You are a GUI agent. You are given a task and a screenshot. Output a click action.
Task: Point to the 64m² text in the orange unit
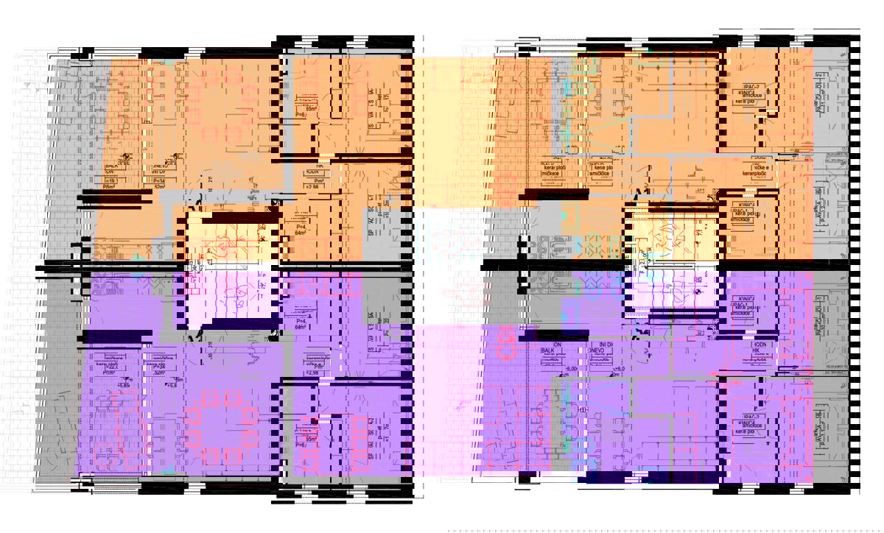click(300, 233)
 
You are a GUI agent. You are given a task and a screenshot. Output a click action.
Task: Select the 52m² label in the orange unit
click(158, 187)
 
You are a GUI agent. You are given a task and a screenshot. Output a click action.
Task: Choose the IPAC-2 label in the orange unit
click(752, 87)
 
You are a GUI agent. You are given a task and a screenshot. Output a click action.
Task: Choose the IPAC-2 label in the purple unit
click(752, 417)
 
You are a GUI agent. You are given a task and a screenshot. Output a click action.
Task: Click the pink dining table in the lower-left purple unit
click(221, 427)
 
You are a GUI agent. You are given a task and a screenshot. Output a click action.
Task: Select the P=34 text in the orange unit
click(158, 179)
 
